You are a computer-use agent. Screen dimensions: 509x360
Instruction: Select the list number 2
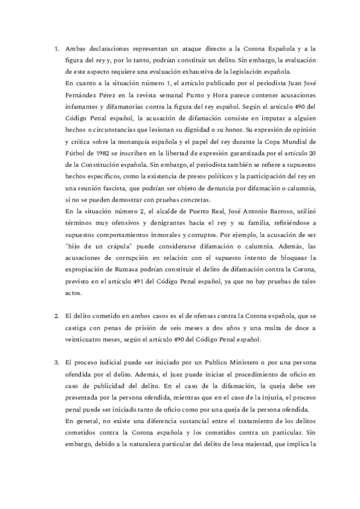coord(56,315)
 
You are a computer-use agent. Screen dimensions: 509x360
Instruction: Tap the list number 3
coord(56,364)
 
